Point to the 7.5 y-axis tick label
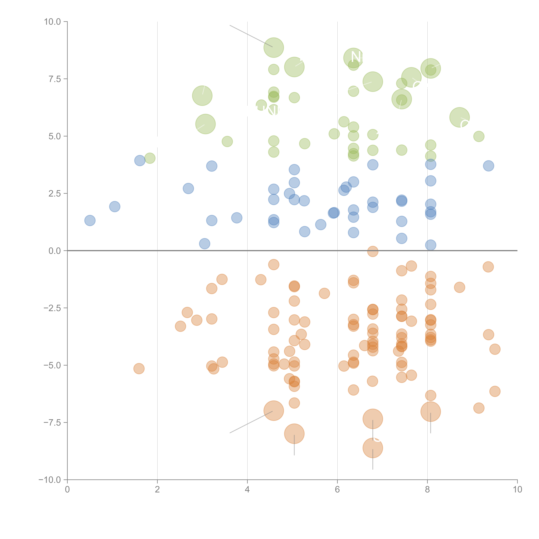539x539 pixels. (x=55, y=79)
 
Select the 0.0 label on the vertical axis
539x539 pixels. (x=55, y=251)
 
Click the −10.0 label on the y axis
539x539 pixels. (x=50, y=480)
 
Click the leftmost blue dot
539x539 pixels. (x=90, y=220)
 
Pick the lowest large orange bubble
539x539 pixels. (x=373, y=448)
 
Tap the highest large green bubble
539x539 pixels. (x=274, y=47)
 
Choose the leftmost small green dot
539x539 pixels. (x=150, y=158)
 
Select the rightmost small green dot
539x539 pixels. (x=479, y=136)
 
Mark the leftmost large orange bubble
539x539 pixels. (x=274, y=411)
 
